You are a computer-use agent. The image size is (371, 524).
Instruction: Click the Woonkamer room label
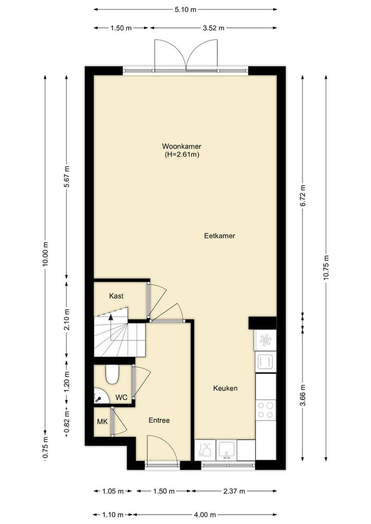181,146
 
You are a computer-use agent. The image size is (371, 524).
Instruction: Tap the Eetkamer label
219,235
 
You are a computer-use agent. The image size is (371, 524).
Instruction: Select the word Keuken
225,388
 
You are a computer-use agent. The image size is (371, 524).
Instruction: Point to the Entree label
159,420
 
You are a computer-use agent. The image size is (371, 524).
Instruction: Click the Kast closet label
116,296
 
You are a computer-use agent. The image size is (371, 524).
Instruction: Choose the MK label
103,421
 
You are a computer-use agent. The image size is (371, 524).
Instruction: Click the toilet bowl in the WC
112,375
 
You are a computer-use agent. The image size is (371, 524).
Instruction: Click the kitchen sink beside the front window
226,449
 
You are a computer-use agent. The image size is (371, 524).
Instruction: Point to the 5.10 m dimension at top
185,9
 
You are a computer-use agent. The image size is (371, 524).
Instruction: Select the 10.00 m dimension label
45,253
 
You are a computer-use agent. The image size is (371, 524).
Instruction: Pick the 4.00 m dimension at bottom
205,515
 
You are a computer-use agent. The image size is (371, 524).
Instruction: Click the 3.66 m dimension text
302,395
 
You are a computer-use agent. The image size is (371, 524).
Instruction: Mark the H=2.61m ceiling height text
181,154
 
